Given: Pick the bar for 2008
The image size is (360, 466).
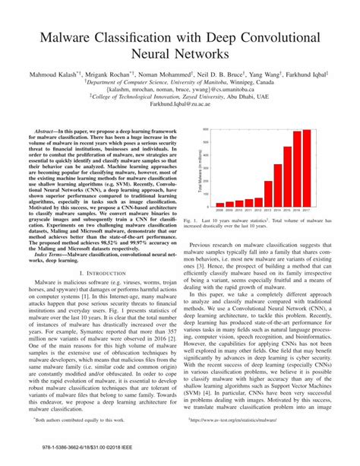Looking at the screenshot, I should coord(219,204).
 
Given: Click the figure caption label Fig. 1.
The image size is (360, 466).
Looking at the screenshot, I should coord(191,219).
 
